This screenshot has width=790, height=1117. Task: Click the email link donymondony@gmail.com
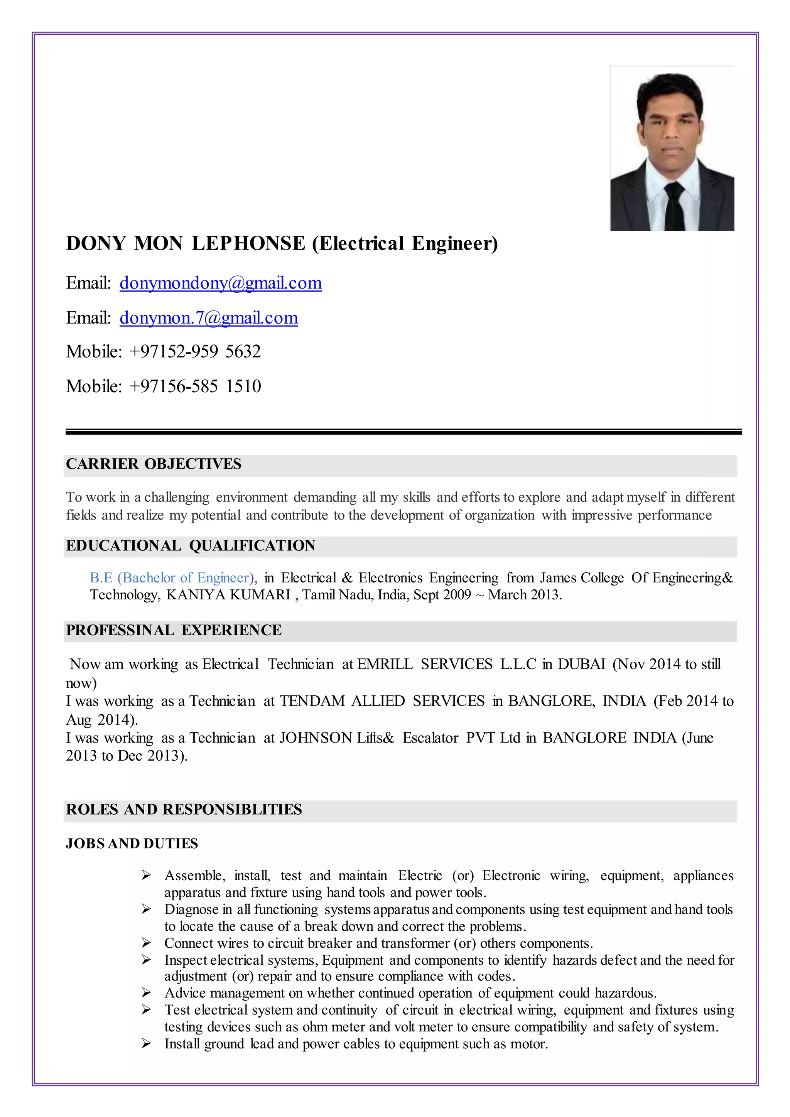pyautogui.click(x=220, y=283)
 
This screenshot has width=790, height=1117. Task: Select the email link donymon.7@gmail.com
pyautogui.click(x=209, y=318)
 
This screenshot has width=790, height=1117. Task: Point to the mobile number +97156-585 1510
pyautogui.click(x=195, y=386)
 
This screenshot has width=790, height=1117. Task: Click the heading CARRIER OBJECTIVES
pyautogui.click(x=154, y=464)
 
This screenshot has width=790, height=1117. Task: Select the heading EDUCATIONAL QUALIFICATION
pyautogui.click(x=191, y=546)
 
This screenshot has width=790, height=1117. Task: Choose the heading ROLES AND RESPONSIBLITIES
pyautogui.click(x=184, y=810)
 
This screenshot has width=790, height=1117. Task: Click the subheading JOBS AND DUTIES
pyautogui.click(x=132, y=844)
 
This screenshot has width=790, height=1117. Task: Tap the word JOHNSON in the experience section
pyautogui.click(x=316, y=738)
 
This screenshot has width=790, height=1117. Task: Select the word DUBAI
pyautogui.click(x=581, y=665)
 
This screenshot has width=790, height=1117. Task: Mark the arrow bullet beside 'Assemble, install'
pyautogui.click(x=146, y=876)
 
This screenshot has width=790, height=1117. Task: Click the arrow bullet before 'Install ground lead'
pyautogui.click(x=146, y=1044)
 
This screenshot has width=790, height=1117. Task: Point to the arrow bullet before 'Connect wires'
pyautogui.click(x=146, y=943)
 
